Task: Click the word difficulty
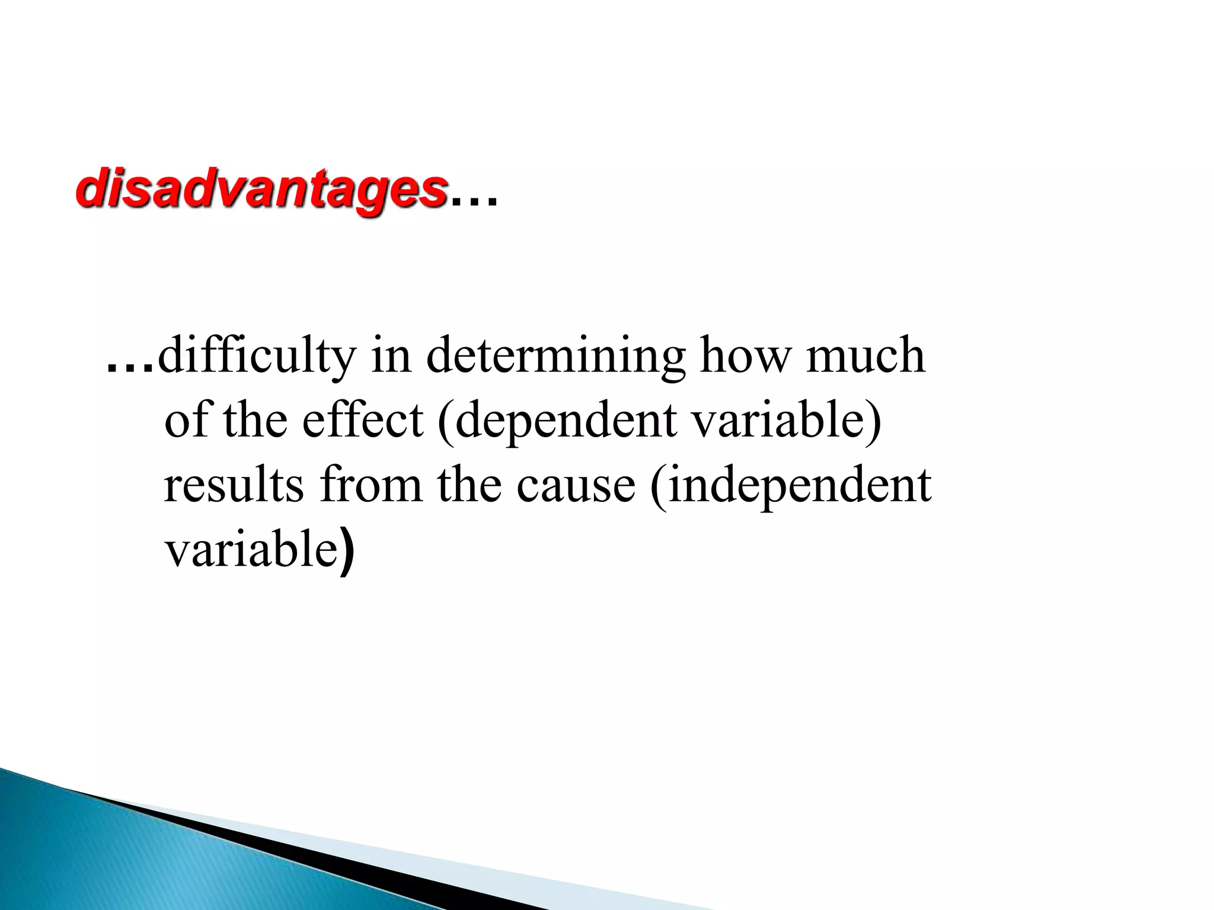point(256,355)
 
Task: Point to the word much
point(865,355)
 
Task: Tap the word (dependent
point(557,421)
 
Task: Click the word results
point(234,485)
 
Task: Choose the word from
point(371,485)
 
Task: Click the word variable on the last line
point(251,549)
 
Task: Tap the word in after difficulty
point(391,355)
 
